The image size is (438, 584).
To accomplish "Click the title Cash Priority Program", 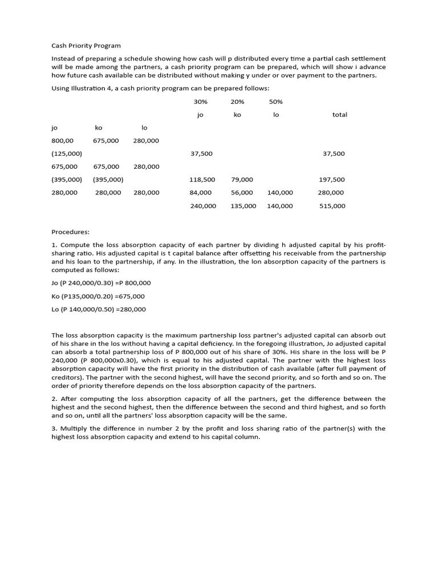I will pyautogui.click(x=86, y=46).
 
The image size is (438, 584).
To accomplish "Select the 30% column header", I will pyautogui.click(x=200, y=102).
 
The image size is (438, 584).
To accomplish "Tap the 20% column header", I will pyautogui.click(x=237, y=102).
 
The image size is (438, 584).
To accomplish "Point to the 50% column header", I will pyautogui.click(x=275, y=102).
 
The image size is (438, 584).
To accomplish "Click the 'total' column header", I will pyautogui.click(x=339, y=115).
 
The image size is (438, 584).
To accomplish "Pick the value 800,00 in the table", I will pyautogui.click(x=62, y=140).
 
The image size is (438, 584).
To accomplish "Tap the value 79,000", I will pyautogui.click(x=242, y=180).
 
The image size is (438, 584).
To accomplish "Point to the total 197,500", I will pyautogui.click(x=331, y=180).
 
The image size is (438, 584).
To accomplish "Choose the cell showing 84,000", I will pyautogui.click(x=200, y=193).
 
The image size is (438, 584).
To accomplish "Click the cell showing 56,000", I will pyautogui.click(x=242, y=193).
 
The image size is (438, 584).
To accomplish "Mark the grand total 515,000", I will pyautogui.click(x=332, y=206).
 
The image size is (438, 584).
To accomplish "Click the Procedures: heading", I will pyautogui.click(x=71, y=232).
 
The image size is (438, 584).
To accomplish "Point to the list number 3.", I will pyautogui.click(x=54, y=428).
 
